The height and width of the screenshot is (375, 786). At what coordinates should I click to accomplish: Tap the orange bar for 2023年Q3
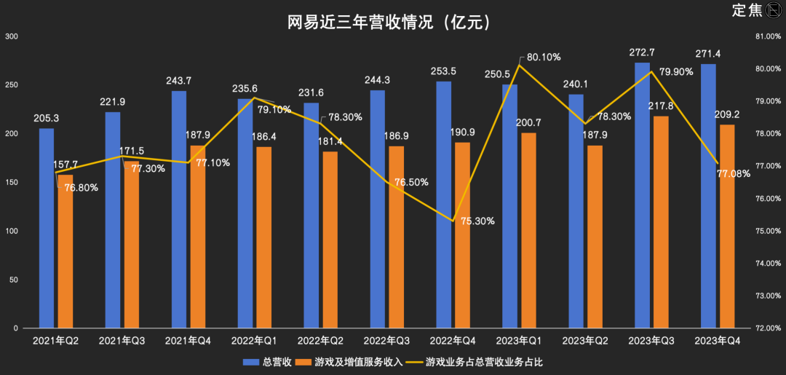[x=660, y=222]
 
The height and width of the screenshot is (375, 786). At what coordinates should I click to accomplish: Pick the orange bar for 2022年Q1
[x=263, y=237]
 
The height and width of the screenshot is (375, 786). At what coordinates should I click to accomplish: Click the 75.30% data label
[x=478, y=221]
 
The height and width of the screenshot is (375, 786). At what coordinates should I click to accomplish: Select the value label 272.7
[x=641, y=52]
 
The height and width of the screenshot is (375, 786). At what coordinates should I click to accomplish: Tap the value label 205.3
[x=46, y=118]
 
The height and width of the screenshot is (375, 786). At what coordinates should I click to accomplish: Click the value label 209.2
[x=728, y=114]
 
